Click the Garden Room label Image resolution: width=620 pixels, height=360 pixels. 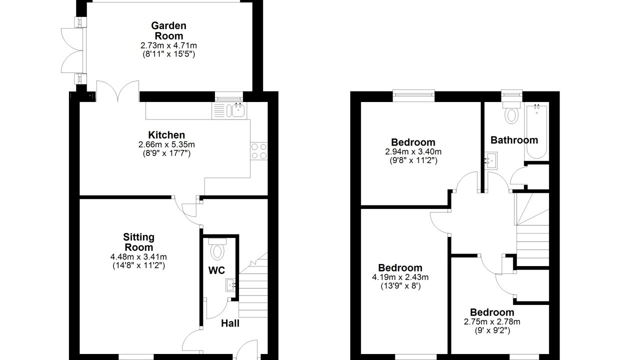tap(168, 30)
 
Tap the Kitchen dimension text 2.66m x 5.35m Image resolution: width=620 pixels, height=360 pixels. tap(166, 144)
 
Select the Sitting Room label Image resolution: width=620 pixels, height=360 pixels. tap(138, 242)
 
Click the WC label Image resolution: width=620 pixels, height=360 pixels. tap(216, 270)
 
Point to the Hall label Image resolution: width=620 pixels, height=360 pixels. tap(230, 323)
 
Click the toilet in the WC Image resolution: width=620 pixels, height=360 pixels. tap(217, 249)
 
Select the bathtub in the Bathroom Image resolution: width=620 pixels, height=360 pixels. tap(536, 131)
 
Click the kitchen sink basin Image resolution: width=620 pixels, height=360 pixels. tap(237, 111)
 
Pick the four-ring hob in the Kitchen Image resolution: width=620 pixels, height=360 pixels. tap(259, 151)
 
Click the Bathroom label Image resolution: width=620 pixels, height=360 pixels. tap(514, 140)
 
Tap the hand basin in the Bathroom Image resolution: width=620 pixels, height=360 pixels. tap(490, 160)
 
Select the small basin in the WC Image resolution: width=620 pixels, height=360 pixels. tap(231, 285)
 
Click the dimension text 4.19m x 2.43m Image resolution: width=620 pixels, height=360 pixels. tap(400, 277)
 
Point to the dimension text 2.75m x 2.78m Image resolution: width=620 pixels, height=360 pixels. tap(492, 322)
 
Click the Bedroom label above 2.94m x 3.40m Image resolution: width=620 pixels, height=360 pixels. tap(413, 142)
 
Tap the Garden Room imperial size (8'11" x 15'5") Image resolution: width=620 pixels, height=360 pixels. tap(169, 54)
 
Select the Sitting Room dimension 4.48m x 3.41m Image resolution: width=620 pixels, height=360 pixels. tap(138, 257)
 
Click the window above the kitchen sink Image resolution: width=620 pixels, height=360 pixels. tap(229, 97)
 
